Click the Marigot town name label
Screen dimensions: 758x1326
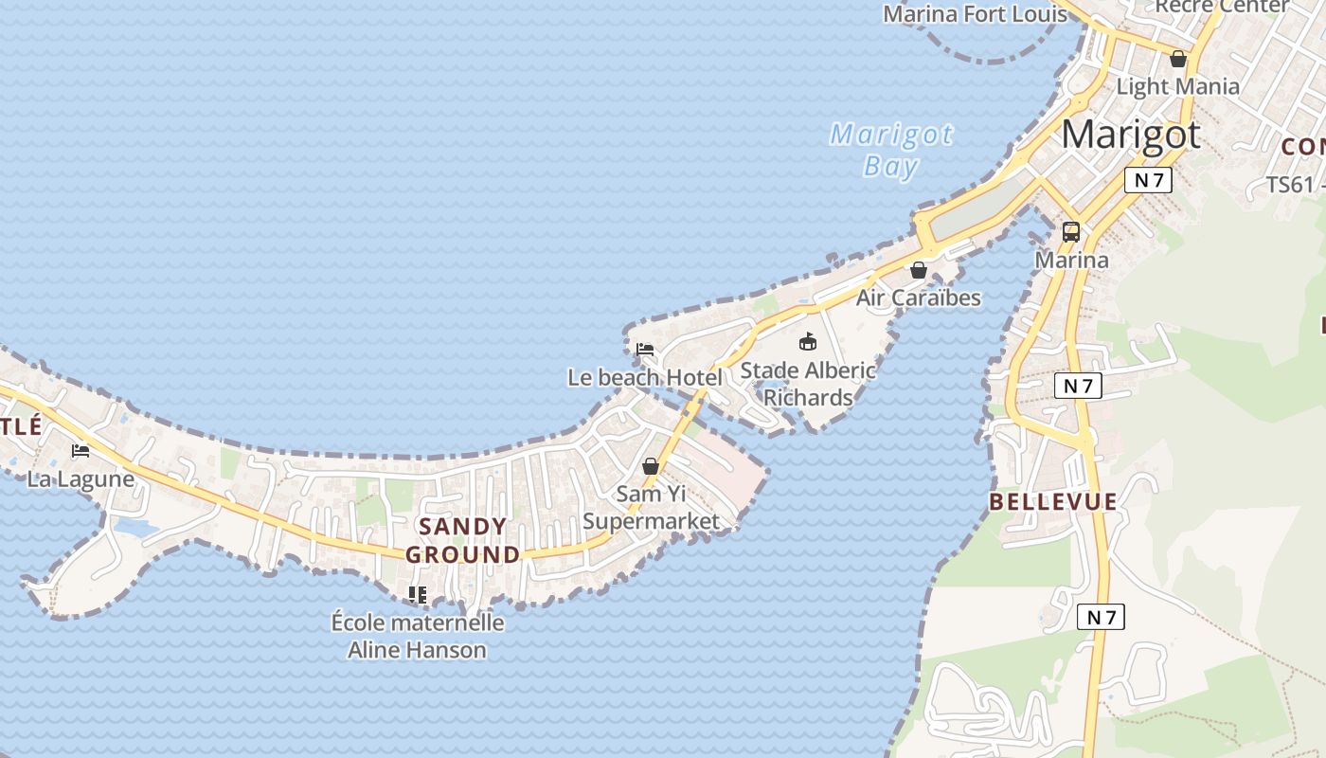point(1130,135)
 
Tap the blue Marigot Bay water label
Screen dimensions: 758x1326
point(891,150)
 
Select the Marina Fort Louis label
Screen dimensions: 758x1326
point(975,14)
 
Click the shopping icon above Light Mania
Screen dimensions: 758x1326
point(1178,59)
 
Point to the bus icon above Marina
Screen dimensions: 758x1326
point(1071,232)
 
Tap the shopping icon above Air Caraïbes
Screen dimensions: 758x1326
point(918,270)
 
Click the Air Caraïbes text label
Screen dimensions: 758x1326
point(918,298)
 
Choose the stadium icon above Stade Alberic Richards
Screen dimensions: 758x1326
point(808,342)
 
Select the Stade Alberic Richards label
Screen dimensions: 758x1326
point(808,383)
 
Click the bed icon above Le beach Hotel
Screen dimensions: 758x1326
point(645,350)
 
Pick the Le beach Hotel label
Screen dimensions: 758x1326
point(645,377)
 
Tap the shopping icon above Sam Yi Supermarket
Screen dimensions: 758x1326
point(651,466)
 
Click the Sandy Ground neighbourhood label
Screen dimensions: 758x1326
point(463,540)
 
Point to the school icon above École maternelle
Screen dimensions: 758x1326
point(417,595)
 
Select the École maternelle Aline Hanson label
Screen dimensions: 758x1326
point(417,636)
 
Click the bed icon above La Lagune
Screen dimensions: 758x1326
point(81,451)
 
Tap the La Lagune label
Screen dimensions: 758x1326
point(81,479)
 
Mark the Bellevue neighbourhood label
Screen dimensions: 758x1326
point(1053,502)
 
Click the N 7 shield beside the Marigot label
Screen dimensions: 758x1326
point(1148,180)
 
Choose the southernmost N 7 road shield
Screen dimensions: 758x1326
point(1101,618)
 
